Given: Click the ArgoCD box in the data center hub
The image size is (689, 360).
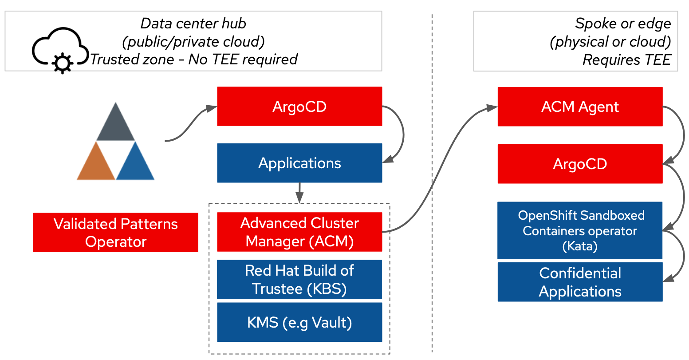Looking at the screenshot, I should point(299,107).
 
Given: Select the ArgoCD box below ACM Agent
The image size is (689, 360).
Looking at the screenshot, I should point(580,164).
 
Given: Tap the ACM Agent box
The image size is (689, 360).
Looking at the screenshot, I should point(580,107).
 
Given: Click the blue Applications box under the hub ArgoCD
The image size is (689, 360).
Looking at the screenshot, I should point(299,163).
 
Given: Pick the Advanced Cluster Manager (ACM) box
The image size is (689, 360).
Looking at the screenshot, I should point(299,232).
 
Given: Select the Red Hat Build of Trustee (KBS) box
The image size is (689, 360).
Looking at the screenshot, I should point(299,279).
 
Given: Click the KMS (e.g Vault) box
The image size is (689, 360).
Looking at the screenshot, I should point(299,322).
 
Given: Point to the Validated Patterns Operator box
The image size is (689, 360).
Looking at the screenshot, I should point(116,233).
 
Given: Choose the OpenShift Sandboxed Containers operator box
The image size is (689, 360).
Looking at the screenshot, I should point(580,230).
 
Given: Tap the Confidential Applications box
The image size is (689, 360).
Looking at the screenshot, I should point(580,282).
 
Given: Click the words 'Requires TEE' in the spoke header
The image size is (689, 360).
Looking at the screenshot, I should point(626,60).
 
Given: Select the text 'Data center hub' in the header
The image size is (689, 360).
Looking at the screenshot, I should point(193,23).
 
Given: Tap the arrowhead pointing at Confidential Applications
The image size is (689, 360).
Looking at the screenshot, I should point(668,278).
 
